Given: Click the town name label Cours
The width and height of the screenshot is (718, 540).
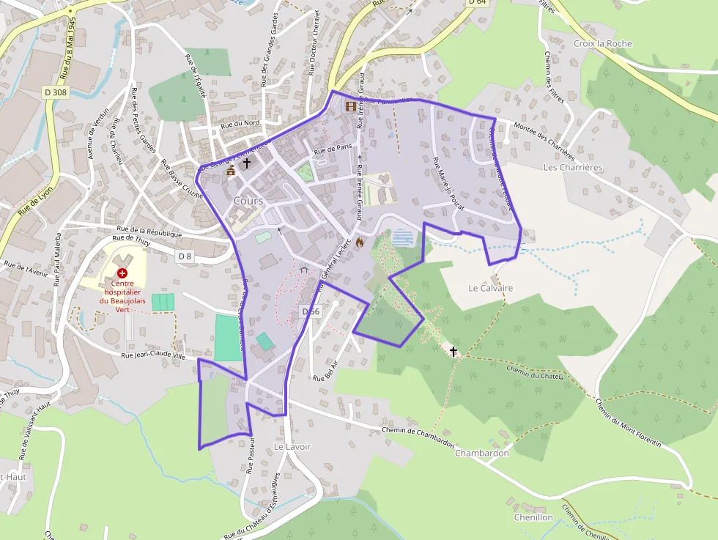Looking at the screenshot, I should click(248, 201).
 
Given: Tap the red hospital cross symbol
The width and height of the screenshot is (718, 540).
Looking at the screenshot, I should click(122, 273).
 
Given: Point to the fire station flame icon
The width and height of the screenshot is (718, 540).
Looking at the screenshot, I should click(359, 243).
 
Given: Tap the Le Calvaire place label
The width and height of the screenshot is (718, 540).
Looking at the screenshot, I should click(490, 288).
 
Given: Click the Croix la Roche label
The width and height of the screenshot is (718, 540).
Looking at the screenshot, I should click(602, 44).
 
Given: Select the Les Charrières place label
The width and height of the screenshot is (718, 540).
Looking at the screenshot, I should click(573, 167).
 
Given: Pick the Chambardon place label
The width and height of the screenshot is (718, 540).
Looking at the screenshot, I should click(481, 453).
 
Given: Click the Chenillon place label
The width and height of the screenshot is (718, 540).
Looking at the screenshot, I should click(533, 517).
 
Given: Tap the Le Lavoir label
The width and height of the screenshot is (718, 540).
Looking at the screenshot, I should click(292, 446).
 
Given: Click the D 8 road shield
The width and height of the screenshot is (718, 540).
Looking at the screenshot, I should click(185, 256).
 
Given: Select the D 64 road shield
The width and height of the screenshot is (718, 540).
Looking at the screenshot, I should click(476, 2).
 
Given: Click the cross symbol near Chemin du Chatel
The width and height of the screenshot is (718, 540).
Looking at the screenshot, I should click(453, 352).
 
